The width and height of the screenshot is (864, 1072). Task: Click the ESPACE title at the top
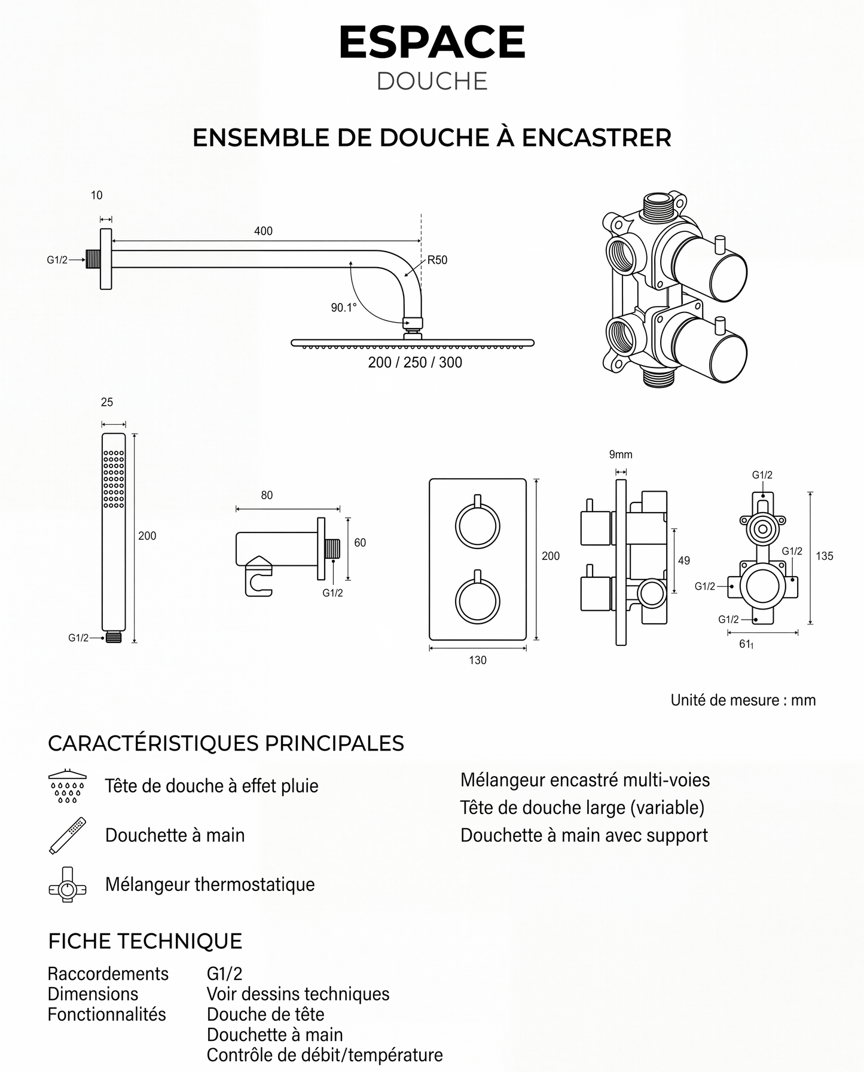click(432, 42)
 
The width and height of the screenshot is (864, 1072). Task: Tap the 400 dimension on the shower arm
click(263, 231)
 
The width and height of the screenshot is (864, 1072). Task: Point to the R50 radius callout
click(437, 260)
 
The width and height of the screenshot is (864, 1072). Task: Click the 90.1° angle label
click(344, 308)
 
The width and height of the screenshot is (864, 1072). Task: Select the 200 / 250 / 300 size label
click(415, 363)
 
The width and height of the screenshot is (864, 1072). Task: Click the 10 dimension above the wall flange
click(96, 195)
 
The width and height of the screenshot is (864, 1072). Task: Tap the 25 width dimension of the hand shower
click(106, 402)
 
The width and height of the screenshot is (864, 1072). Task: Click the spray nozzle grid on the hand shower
click(114, 479)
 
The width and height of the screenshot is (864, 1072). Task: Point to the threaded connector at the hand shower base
click(114, 637)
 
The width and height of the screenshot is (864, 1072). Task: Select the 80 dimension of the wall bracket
click(267, 495)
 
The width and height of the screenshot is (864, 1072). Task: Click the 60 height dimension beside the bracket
click(360, 543)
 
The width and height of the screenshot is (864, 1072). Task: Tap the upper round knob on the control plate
click(477, 525)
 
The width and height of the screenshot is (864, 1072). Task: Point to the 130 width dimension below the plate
click(477, 660)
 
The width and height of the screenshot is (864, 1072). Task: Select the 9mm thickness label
click(621, 455)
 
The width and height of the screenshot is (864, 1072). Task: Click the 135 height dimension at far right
click(824, 556)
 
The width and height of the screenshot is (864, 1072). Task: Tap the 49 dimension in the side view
click(683, 560)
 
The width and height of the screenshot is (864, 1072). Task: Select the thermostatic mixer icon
click(67, 884)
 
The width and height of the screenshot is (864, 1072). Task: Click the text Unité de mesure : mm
click(743, 700)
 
